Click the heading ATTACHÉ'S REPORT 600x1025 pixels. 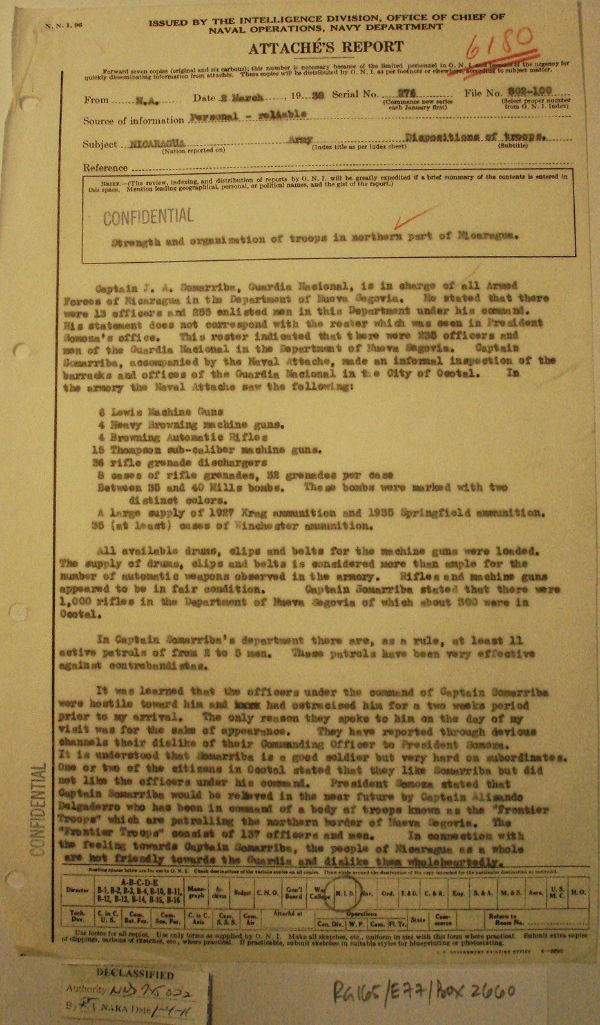(x=326, y=46)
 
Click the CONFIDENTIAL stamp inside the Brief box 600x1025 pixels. (x=148, y=216)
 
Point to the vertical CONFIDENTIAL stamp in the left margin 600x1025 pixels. (x=37, y=809)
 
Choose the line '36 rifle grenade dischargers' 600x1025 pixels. (x=168, y=463)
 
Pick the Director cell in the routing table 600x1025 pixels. (x=78, y=890)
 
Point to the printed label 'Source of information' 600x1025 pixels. (x=133, y=120)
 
